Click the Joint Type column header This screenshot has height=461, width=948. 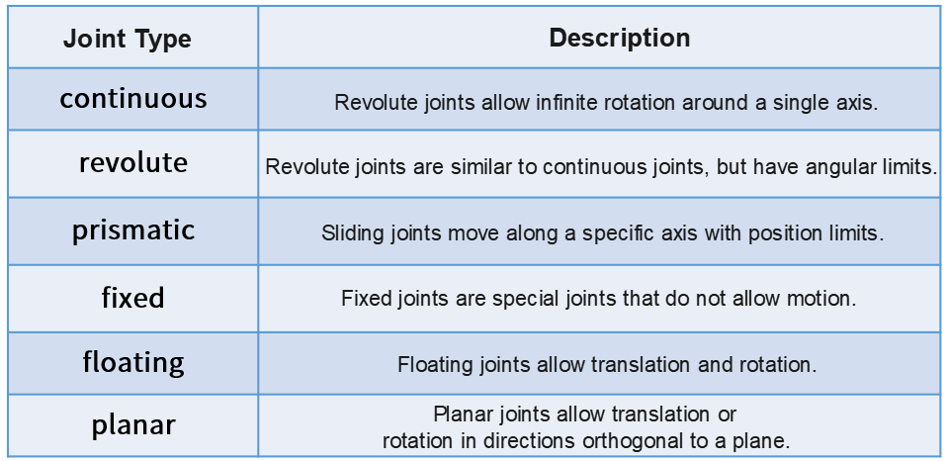127,40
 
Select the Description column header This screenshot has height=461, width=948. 620,39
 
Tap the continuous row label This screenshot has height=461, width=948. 133,98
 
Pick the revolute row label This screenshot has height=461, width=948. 133,163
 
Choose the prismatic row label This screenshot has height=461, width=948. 133,230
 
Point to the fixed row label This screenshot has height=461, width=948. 133,298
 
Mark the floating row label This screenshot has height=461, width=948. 133,362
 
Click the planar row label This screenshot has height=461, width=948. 133,424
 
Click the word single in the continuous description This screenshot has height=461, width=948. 796,102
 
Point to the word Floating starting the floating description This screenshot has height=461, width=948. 435,364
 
